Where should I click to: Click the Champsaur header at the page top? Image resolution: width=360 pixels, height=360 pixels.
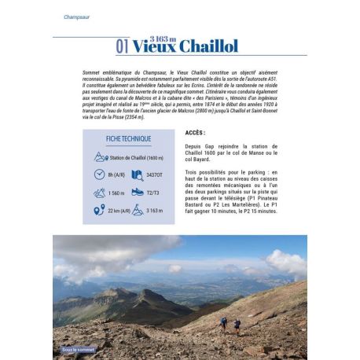point(77,17)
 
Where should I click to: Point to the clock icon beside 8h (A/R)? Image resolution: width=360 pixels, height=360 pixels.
point(99,174)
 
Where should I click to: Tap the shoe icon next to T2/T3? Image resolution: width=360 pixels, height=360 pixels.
point(138,192)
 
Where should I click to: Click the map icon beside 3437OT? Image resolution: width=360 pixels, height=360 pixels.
point(137,174)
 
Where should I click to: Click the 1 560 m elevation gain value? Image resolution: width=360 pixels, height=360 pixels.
point(114,193)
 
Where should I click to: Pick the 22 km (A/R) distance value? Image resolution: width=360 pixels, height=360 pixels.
point(118,210)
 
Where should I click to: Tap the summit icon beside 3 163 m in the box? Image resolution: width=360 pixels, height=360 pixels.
point(137,210)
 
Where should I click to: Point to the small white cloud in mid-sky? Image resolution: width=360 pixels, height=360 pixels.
point(174,268)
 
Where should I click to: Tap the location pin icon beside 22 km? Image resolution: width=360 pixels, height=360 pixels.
point(99,210)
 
